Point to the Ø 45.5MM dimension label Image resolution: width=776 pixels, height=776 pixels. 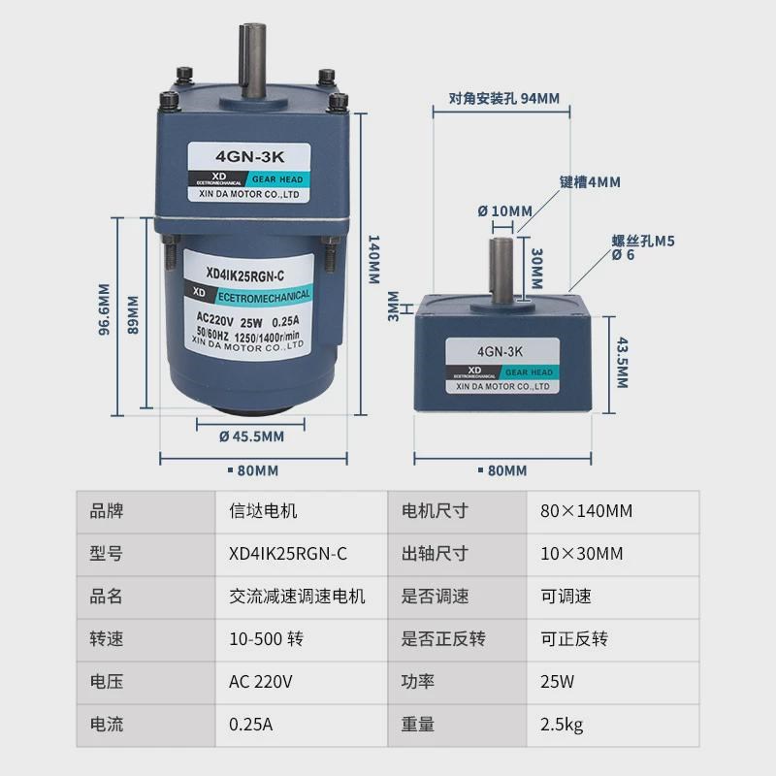point(244,436)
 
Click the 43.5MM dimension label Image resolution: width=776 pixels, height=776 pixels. point(622,364)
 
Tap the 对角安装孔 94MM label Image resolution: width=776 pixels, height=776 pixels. point(504,99)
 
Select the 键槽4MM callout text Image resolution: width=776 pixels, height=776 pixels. point(589,181)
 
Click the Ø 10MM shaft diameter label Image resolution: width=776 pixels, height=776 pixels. point(504,211)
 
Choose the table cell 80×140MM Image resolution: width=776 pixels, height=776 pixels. point(586,510)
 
